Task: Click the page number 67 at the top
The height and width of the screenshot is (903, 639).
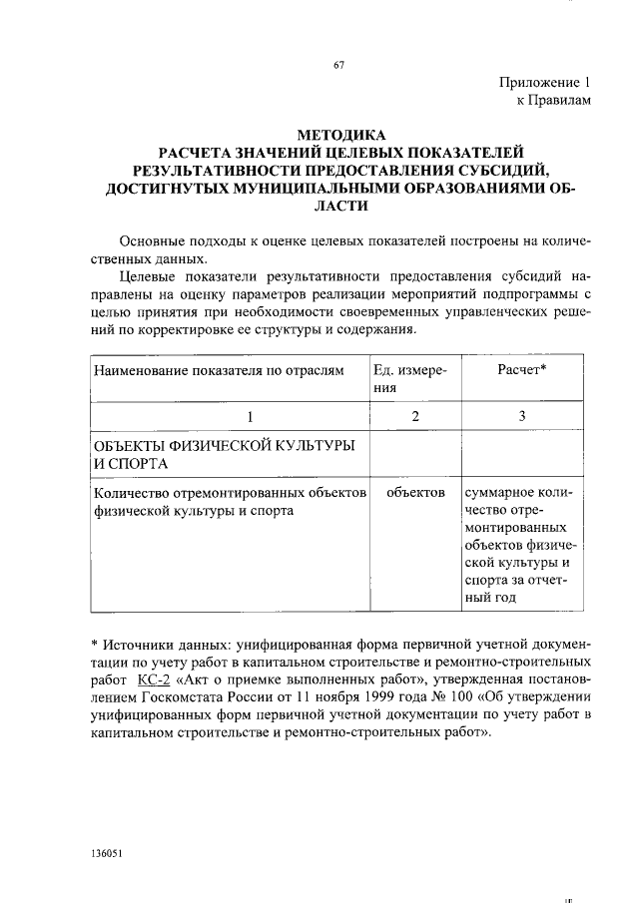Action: (x=338, y=67)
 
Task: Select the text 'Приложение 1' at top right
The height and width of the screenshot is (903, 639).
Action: (x=546, y=83)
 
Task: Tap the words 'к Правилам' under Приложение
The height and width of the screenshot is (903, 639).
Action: (x=554, y=101)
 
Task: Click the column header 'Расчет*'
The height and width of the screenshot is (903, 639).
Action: (x=522, y=370)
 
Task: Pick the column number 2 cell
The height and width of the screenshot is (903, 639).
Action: (x=414, y=416)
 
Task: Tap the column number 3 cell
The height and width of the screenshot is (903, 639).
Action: (x=522, y=416)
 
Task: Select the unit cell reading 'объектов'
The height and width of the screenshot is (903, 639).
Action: (x=415, y=493)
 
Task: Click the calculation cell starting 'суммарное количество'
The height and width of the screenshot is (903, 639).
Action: (x=521, y=547)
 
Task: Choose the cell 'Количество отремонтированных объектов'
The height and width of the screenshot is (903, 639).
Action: (x=230, y=502)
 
